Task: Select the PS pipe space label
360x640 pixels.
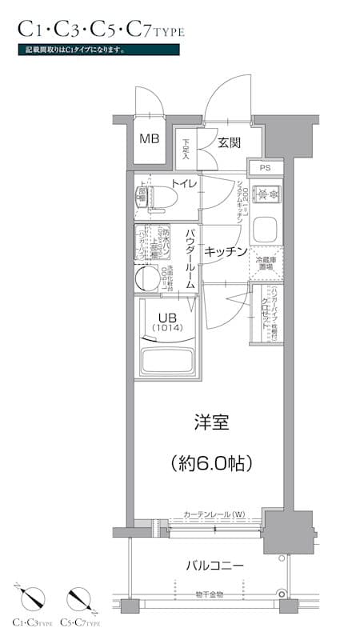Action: [265, 168]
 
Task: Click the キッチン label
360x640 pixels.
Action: [225, 251]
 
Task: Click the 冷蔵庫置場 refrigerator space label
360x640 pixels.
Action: [265, 264]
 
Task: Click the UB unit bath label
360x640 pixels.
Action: [166, 315]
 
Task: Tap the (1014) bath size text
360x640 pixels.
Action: [166, 328]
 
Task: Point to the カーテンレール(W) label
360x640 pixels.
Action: [214, 514]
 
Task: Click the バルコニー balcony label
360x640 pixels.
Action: [214, 566]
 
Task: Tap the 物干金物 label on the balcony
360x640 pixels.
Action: [209, 594]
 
